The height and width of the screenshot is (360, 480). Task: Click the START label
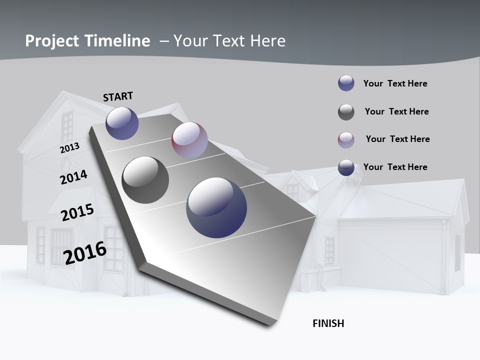pyautogui.click(x=118, y=96)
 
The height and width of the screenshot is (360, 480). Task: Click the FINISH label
pyautogui.click(x=328, y=323)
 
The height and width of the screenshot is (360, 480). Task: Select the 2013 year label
pyautogui.click(x=69, y=148)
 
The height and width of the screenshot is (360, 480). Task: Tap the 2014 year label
pyautogui.click(x=73, y=177)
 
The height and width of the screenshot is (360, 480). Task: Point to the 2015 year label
pyautogui.click(x=77, y=212)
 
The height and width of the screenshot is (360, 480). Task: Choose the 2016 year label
pyautogui.click(x=85, y=253)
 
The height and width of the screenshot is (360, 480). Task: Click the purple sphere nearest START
pyautogui.click(x=122, y=123)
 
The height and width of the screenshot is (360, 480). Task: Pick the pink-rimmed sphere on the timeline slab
pyautogui.click(x=189, y=140)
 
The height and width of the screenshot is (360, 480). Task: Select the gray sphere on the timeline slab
pyautogui.click(x=145, y=180)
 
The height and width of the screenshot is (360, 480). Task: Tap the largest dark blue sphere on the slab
pyautogui.click(x=216, y=207)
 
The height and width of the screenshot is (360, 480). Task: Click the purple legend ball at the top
pyautogui.click(x=346, y=83)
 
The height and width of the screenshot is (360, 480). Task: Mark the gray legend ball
pyautogui.click(x=346, y=112)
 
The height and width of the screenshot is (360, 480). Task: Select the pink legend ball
pyautogui.click(x=346, y=140)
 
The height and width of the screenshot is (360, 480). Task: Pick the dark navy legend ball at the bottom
pyautogui.click(x=346, y=167)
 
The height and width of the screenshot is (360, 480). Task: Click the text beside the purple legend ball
pyautogui.click(x=395, y=83)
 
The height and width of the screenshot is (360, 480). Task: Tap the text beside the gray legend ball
pyautogui.click(x=396, y=111)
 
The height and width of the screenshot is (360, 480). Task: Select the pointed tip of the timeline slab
pyautogui.click(x=316, y=216)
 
